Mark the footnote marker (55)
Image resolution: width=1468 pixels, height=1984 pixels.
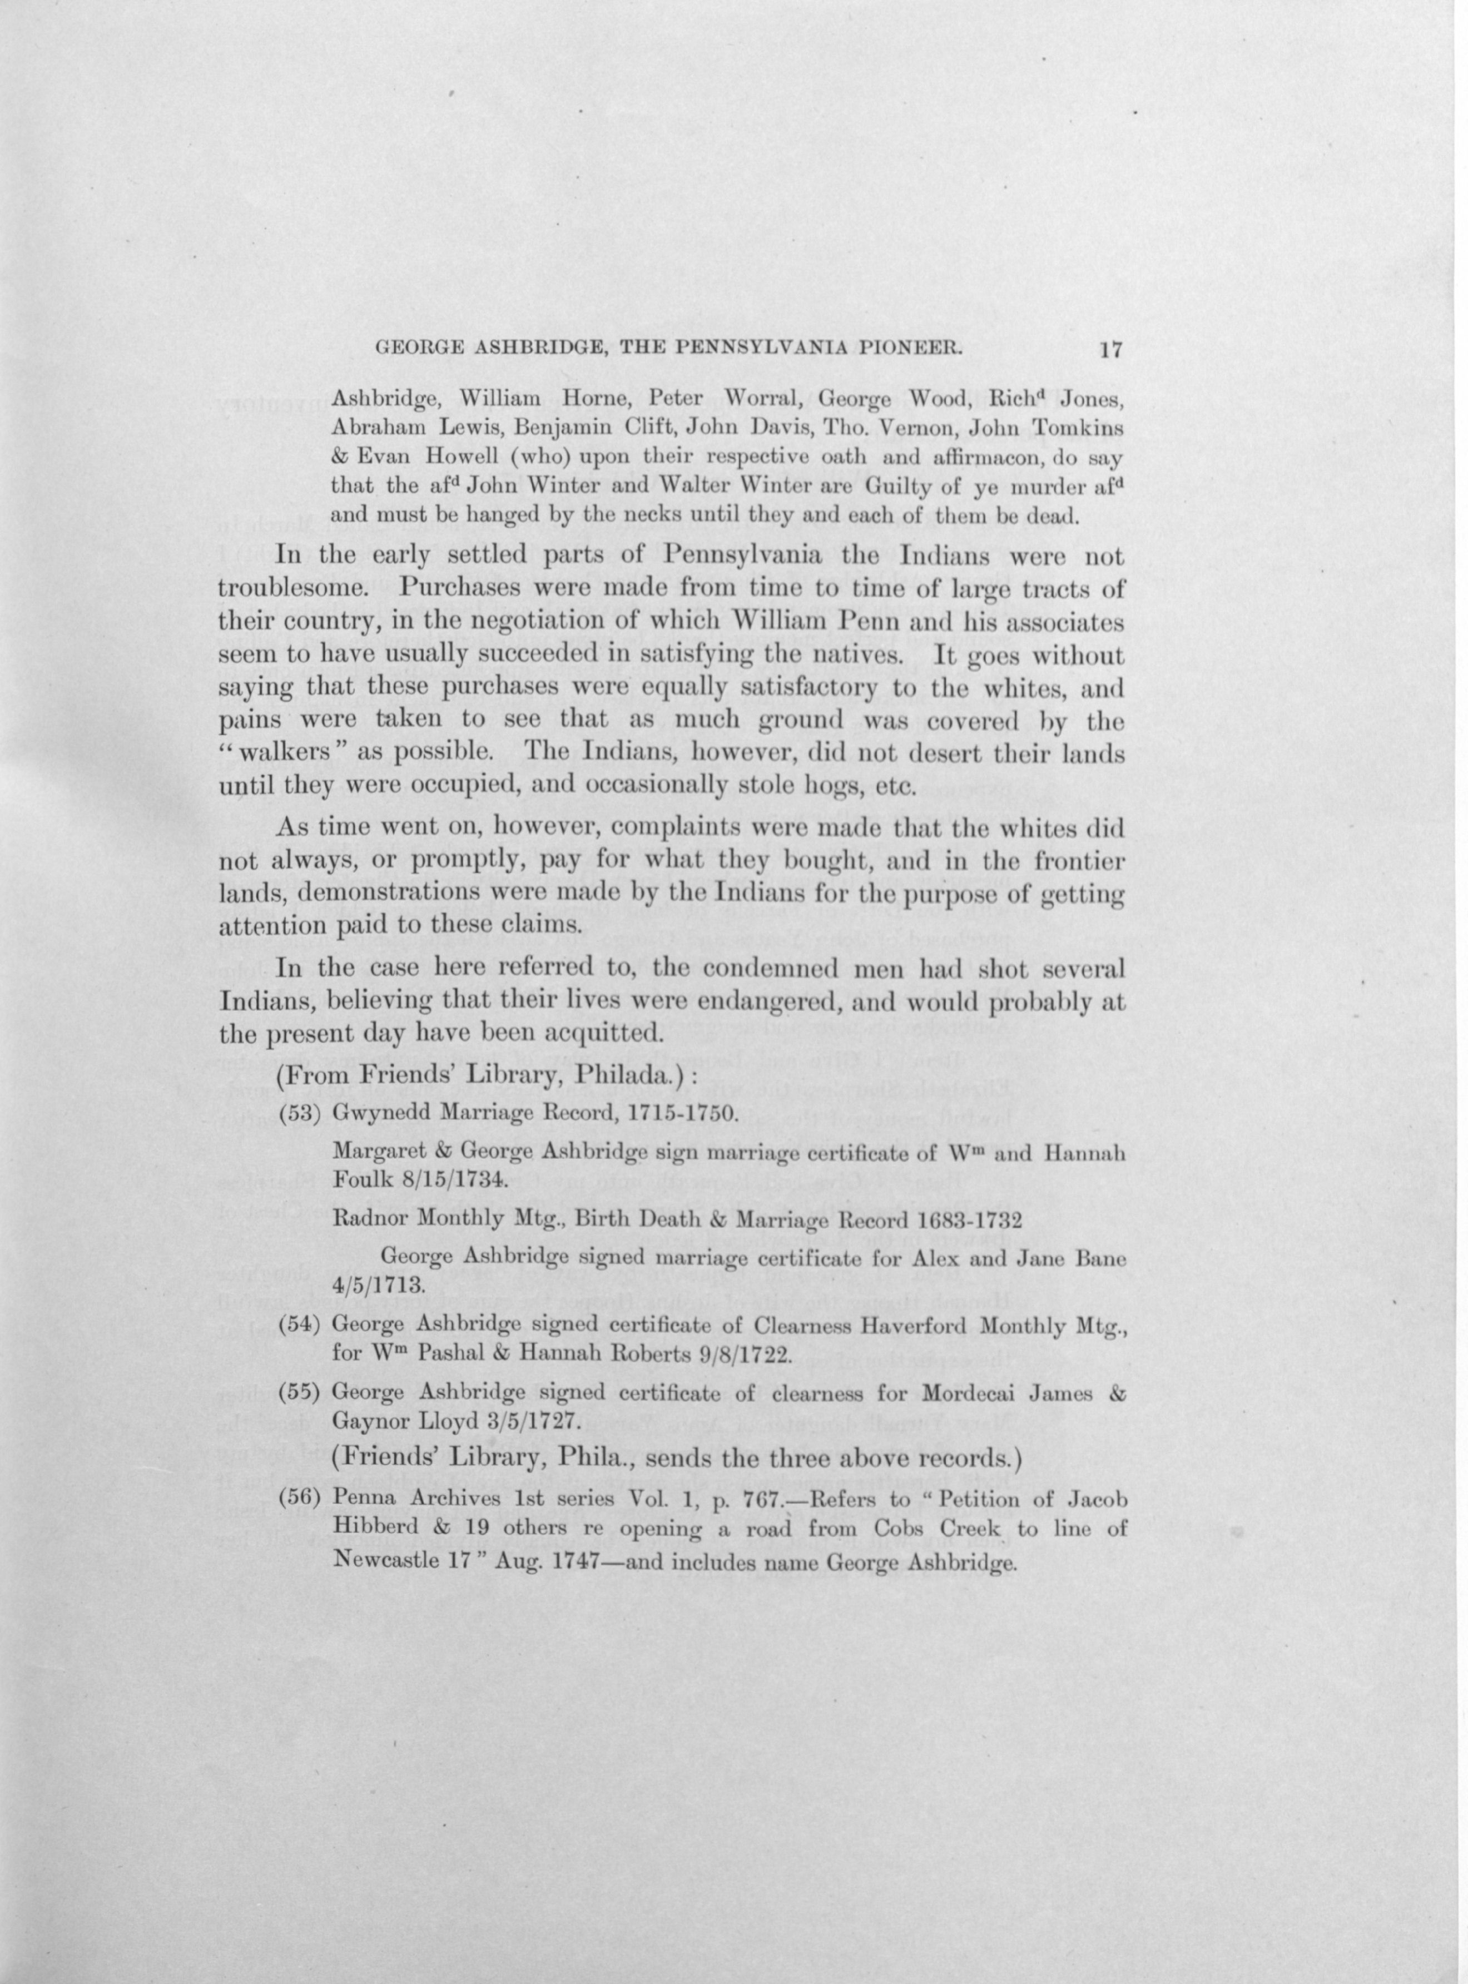300,1392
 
